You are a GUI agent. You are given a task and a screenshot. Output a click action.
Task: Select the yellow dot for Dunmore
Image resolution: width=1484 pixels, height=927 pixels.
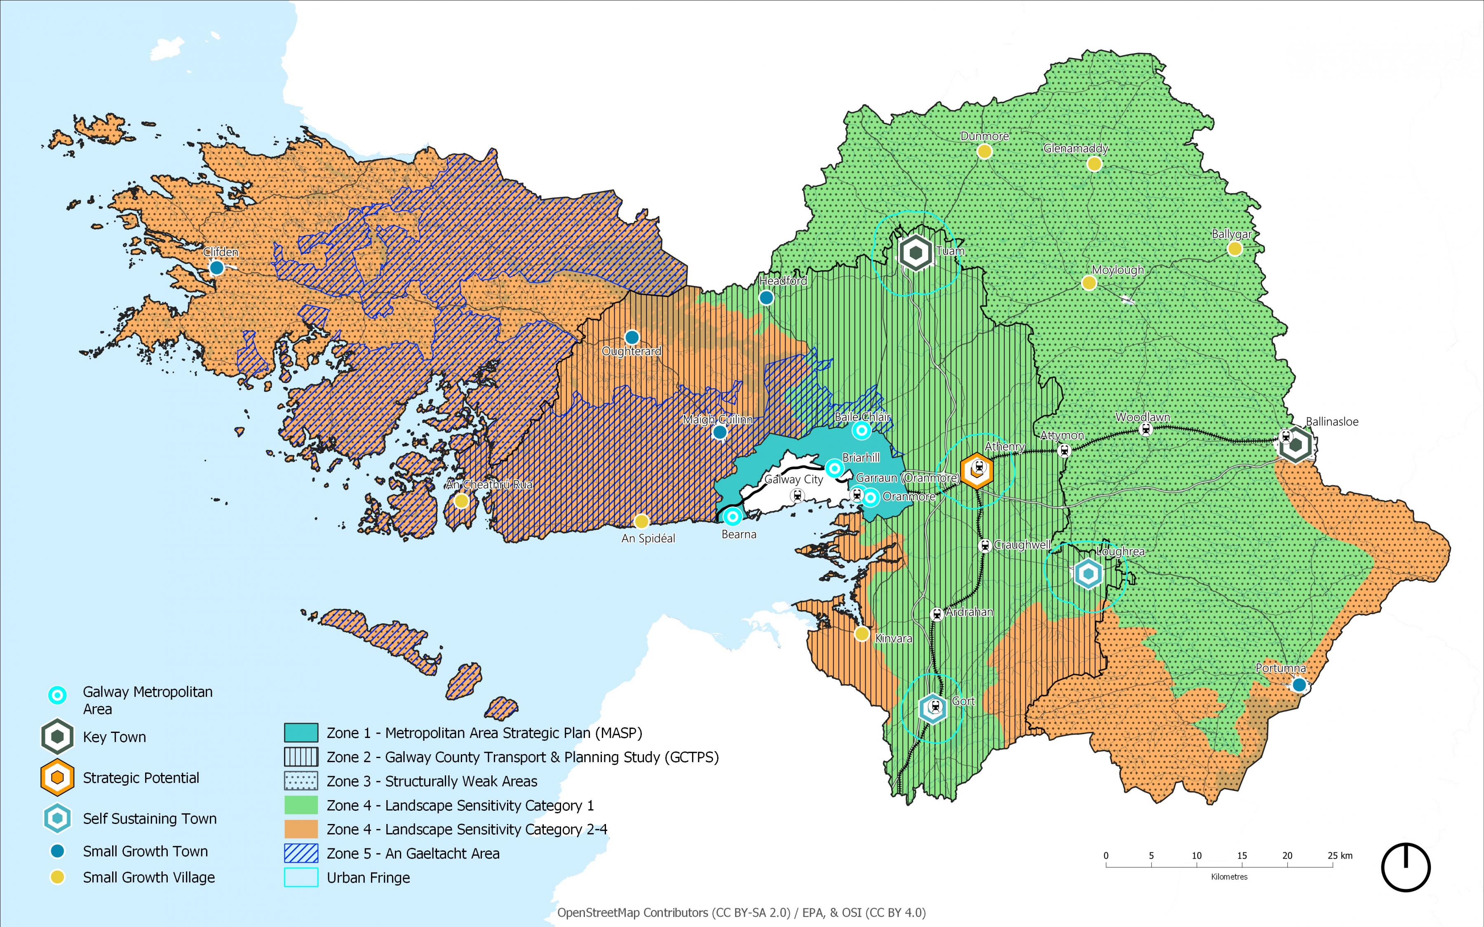pos(984,151)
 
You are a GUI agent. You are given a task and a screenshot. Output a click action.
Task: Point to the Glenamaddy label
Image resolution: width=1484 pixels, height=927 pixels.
pos(1075,148)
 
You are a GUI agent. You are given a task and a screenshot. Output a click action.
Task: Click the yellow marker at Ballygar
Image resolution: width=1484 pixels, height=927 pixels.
pos(1235,248)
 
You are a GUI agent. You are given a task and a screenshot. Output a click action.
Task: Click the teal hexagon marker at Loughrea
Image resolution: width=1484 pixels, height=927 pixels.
pos(1088,574)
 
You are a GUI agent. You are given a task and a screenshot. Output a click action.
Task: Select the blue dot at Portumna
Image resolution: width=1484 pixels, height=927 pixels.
pos(1299,684)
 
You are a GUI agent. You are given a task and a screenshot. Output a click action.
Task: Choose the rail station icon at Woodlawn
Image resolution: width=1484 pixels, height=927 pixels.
pos(1145,429)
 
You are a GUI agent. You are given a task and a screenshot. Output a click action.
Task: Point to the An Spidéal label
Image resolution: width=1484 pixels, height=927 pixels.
pos(648,538)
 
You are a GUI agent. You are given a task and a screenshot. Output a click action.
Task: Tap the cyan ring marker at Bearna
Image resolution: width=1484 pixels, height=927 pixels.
pos(732,517)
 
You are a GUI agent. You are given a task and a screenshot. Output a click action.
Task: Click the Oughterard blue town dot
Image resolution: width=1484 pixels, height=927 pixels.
pos(632,337)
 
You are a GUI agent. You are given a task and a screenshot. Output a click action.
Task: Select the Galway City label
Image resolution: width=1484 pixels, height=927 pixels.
pos(794,480)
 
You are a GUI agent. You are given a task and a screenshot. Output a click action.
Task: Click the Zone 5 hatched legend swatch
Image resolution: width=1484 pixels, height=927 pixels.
pos(301,853)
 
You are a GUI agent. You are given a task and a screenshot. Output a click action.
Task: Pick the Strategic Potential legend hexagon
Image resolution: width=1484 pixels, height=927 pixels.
pos(58,777)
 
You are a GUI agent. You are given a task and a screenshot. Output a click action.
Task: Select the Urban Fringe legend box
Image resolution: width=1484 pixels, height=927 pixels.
pos(301,877)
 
